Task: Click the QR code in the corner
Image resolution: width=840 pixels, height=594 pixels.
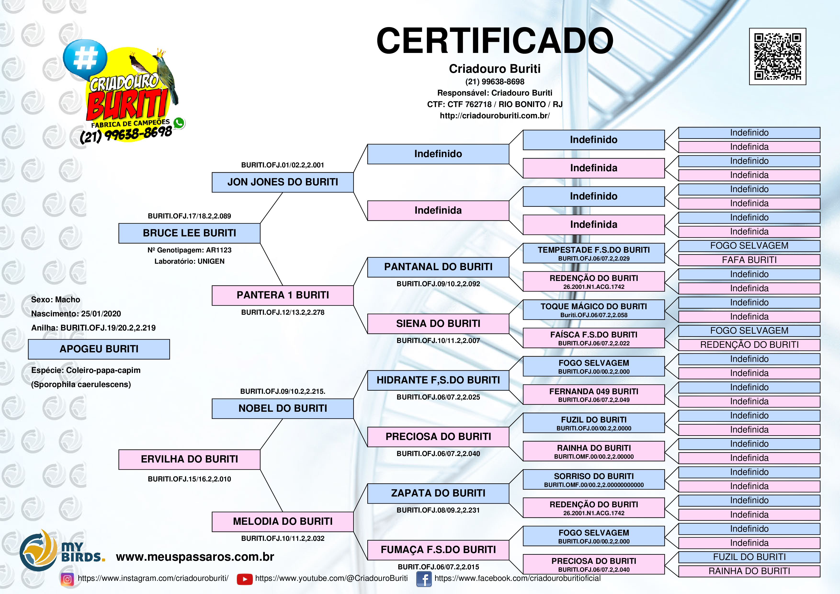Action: [778, 56]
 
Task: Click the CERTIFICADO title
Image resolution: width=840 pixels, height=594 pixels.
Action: [495, 41]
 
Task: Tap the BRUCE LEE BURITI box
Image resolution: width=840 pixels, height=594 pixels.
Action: [189, 233]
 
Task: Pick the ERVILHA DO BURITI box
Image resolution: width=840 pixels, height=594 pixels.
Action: [189, 459]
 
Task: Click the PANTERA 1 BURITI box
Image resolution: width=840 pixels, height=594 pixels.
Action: [283, 295]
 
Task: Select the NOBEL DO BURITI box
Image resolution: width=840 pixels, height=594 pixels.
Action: [283, 408]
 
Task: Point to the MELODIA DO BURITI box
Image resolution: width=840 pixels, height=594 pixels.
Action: [283, 521]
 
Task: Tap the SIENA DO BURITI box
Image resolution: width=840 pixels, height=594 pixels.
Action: [438, 324]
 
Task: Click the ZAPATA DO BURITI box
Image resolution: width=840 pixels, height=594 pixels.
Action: [438, 493]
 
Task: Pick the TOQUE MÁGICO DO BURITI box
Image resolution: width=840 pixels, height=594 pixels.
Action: [593, 310]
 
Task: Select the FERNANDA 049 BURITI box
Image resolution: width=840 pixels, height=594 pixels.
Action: [593, 394]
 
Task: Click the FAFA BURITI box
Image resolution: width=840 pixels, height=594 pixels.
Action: [749, 260]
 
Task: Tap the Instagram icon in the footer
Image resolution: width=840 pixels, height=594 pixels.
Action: [67, 579]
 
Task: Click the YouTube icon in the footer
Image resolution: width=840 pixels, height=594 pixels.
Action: [244, 579]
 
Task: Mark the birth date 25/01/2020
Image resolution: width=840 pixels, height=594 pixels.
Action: [101, 314]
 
